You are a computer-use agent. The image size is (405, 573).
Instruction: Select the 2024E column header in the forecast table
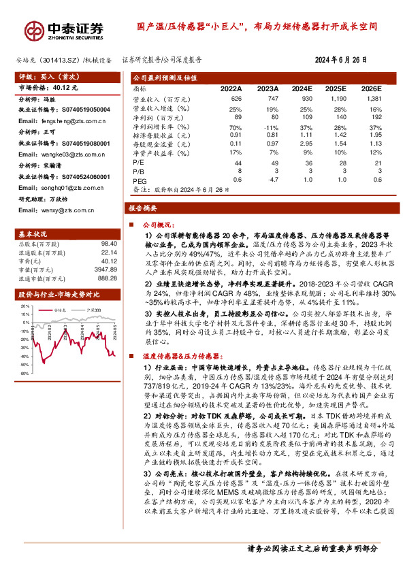302,89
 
